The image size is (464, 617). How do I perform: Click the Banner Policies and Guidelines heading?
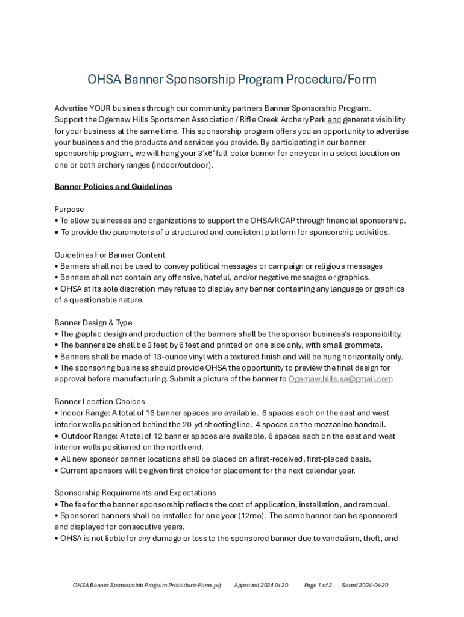[x=113, y=187]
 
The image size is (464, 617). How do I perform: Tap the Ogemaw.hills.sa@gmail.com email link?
[x=340, y=379]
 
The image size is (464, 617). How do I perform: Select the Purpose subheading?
[x=69, y=210]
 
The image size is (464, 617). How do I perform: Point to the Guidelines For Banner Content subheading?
[x=110, y=255]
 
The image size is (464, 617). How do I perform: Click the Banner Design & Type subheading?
[x=93, y=323]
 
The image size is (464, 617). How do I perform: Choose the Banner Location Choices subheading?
[x=99, y=402]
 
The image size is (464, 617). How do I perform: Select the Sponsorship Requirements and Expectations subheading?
[x=135, y=493]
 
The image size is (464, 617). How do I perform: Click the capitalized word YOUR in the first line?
[x=100, y=108]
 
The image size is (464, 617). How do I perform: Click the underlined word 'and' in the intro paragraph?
[x=334, y=120]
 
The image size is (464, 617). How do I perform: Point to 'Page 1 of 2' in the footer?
[x=318, y=585]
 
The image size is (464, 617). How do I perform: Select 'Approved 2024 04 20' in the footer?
[x=261, y=585]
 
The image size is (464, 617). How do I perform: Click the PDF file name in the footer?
[x=147, y=585]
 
